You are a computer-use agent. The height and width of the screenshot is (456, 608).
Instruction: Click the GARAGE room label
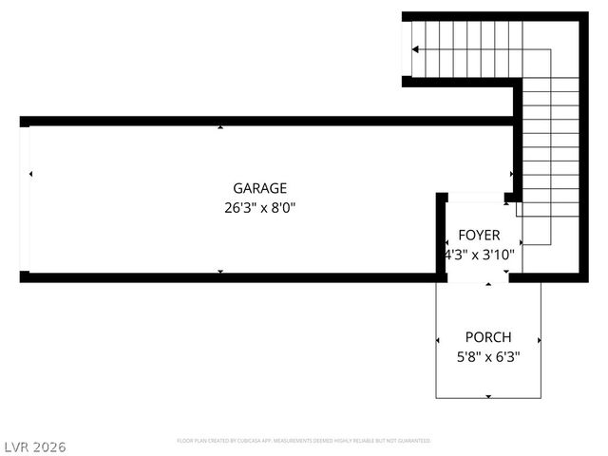tap(259, 188)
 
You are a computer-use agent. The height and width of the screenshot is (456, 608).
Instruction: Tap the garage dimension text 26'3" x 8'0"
tap(259, 207)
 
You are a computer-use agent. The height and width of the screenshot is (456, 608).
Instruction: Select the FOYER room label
tap(478, 235)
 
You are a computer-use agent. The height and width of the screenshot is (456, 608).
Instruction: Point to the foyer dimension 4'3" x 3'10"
tap(480, 254)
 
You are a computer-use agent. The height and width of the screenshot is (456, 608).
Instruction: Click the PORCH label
tap(487, 337)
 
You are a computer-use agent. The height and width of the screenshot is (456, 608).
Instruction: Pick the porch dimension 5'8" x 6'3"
tap(487, 357)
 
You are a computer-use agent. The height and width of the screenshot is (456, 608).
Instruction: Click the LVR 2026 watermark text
tap(33, 446)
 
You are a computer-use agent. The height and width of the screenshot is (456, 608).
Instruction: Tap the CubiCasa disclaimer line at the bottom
tap(304, 441)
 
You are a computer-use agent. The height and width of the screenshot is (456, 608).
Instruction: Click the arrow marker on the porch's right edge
tap(539, 340)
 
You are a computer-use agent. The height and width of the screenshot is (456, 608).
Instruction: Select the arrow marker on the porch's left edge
tap(438, 340)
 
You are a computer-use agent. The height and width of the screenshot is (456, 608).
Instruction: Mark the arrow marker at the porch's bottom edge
tap(488, 395)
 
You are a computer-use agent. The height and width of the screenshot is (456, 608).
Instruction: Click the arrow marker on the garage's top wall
tap(220, 127)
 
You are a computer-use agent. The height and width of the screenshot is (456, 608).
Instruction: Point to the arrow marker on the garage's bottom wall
tap(220, 272)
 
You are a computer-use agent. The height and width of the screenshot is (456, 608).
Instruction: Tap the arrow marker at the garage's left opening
tap(31, 174)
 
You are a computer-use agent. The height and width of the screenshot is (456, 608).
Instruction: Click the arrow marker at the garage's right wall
tap(511, 174)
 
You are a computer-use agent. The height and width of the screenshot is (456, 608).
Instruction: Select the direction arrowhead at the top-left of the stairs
tap(414, 48)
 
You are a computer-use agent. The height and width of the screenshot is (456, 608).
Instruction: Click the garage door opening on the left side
tap(25, 199)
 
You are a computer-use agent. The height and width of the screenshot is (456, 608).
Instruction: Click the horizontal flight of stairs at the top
tap(465, 48)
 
